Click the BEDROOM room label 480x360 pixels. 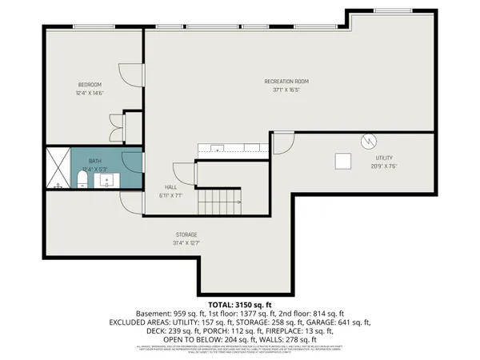click(x=89, y=84)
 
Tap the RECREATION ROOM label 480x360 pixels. click(x=286, y=82)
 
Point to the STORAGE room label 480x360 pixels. click(x=187, y=234)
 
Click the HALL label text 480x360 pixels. click(x=171, y=186)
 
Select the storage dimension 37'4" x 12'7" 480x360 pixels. click(x=187, y=243)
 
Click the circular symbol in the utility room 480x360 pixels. click(x=368, y=140)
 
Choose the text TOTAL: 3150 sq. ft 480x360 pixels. click(x=240, y=305)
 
